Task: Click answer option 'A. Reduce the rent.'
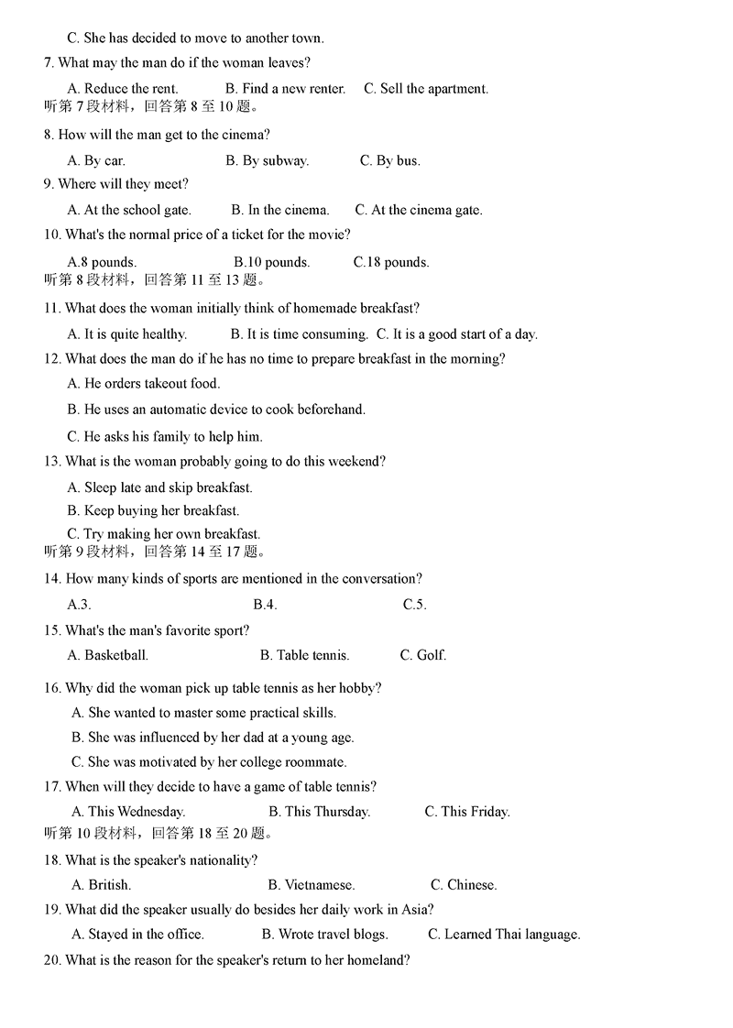coord(123,89)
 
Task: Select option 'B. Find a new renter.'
coord(285,89)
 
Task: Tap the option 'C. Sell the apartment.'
coord(426,89)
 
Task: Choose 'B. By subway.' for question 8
coord(267,160)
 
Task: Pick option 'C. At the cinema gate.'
coord(419,210)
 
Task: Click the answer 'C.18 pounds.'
coord(391,262)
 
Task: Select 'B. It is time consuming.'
coord(299,334)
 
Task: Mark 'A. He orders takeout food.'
coord(144,384)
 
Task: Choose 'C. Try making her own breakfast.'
coord(164,534)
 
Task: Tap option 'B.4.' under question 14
coord(265,605)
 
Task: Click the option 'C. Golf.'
coord(423,655)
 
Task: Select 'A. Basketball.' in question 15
coord(108,655)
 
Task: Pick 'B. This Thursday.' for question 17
coord(320,812)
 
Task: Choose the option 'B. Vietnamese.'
coord(312,885)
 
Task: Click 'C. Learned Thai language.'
coord(504,935)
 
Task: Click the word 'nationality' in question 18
coord(221,860)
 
